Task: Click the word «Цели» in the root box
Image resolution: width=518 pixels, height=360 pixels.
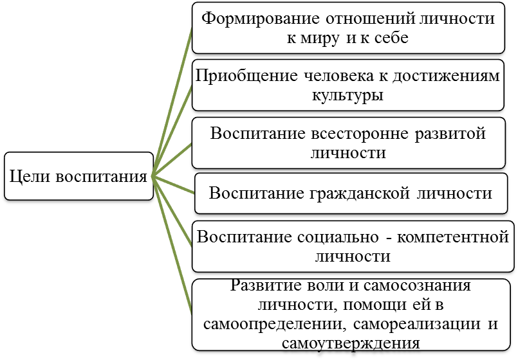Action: tap(30, 177)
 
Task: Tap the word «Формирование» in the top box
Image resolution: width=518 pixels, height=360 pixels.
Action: tap(261, 19)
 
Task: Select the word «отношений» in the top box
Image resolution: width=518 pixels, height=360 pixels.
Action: tap(370, 19)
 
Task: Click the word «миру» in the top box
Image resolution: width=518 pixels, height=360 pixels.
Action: tap(319, 39)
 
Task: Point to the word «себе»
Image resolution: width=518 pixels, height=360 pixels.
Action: tap(391, 38)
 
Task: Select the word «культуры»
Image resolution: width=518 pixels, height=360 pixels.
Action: tap(348, 96)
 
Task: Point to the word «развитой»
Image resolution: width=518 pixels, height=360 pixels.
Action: tap(450, 134)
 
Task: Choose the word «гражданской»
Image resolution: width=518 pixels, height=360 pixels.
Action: tap(360, 194)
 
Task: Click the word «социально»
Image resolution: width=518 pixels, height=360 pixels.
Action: tap(338, 237)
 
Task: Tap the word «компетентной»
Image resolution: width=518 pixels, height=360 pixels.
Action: tap(452, 237)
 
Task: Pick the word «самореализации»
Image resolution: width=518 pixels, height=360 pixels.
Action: tap(417, 324)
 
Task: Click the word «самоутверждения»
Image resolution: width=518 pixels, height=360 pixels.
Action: tap(351, 343)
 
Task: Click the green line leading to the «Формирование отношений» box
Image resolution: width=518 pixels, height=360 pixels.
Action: tap(172, 102)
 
